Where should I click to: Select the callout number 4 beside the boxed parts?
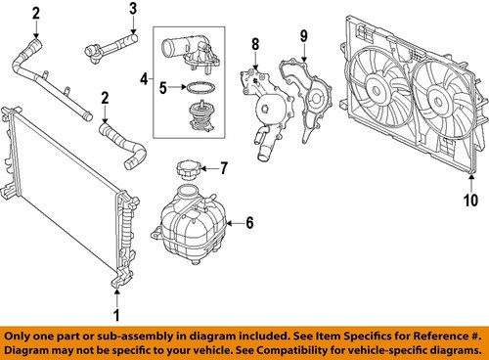point(146,77)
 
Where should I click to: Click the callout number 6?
point(249,223)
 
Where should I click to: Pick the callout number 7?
point(223,167)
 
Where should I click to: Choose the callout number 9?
point(302,36)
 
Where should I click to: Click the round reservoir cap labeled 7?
point(187,169)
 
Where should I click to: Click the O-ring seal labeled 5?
point(200,88)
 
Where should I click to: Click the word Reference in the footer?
point(421,333)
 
